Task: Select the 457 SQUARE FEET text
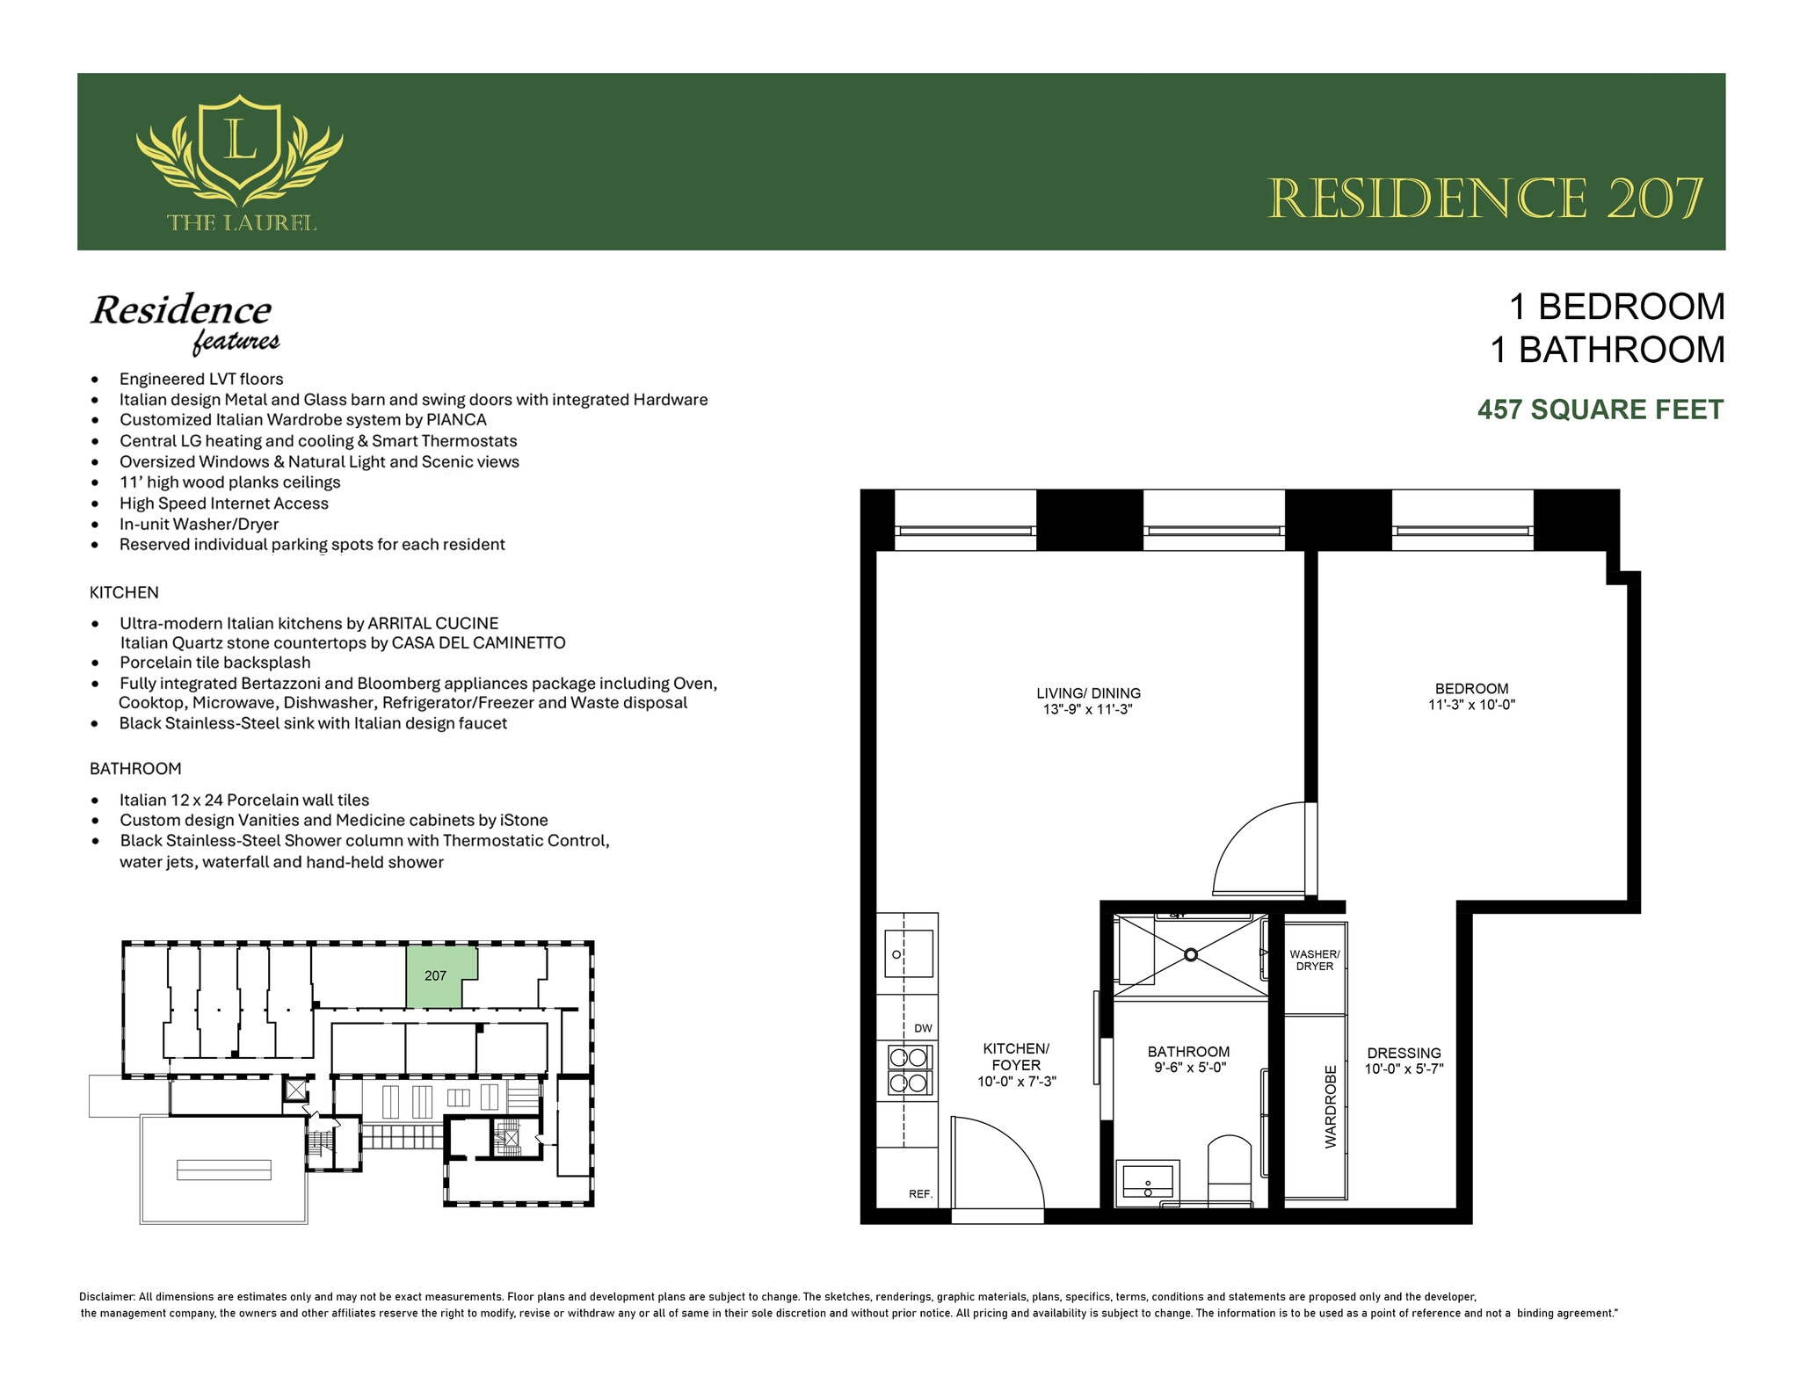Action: point(1600,409)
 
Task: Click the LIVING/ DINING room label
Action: point(1088,693)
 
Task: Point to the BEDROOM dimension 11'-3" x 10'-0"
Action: point(1471,705)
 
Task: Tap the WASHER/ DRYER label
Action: point(1314,960)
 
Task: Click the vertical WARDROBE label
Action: point(1330,1106)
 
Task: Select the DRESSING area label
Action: point(1404,1053)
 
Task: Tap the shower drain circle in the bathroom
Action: point(1190,954)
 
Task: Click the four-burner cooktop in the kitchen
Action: point(908,1069)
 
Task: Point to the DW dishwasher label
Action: point(923,1028)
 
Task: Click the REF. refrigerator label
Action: point(920,1194)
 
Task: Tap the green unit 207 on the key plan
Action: point(436,975)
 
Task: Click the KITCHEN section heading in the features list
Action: point(124,592)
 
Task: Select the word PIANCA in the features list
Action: point(456,420)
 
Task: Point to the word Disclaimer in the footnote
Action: point(106,1296)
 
